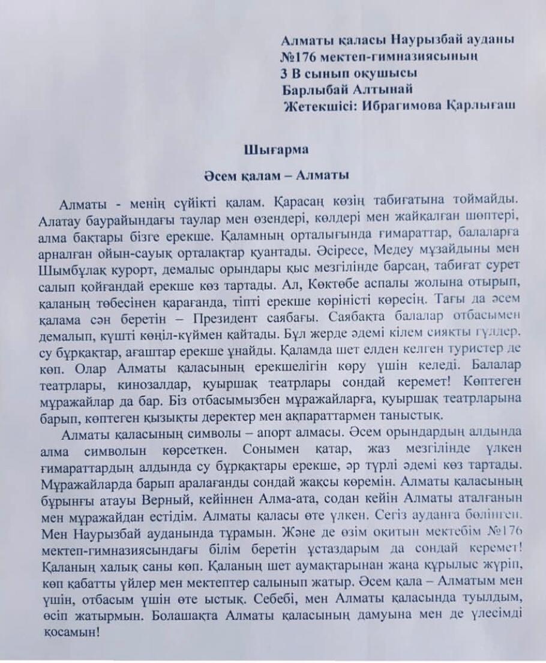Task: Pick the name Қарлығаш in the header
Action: tap(485, 106)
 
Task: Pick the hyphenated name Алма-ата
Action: tap(290, 497)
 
